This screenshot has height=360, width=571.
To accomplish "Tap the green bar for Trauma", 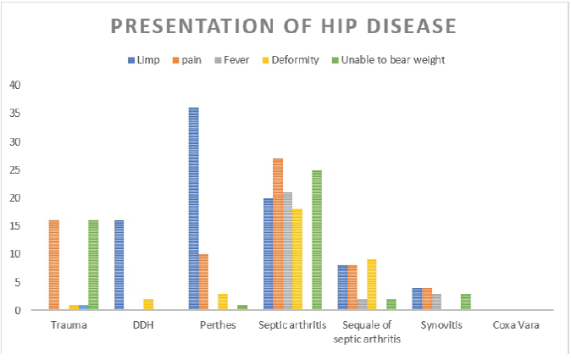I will pyautogui.click(x=93, y=265).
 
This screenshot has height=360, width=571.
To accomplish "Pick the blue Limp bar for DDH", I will pyautogui.click(x=119, y=265).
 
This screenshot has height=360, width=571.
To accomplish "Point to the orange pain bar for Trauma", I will pyautogui.click(x=54, y=265).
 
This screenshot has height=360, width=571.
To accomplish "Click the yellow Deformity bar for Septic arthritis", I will pyautogui.click(x=297, y=259).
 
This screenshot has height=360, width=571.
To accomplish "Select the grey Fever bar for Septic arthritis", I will pyautogui.click(x=287, y=252).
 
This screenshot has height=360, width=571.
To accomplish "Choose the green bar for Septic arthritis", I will pyautogui.click(x=317, y=240).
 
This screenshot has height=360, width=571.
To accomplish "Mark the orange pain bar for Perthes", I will pyautogui.click(x=204, y=282).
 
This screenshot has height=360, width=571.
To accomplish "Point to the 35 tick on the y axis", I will pyautogui.click(x=16, y=114).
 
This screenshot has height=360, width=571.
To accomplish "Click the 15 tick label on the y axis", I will pyautogui.click(x=16, y=226).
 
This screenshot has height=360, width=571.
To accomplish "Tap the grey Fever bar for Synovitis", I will pyautogui.click(x=436, y=302).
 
